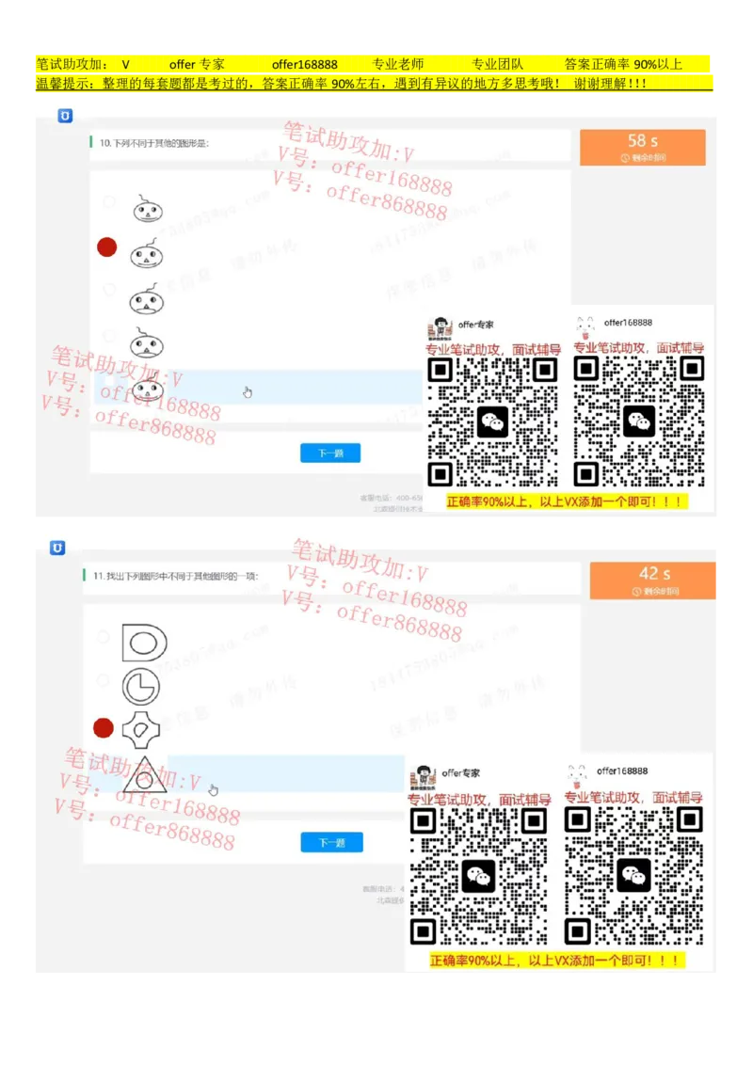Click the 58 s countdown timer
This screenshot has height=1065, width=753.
click(643, 147)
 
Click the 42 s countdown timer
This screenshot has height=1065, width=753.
click(654, 580)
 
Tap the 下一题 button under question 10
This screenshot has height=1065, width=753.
click(329, 453)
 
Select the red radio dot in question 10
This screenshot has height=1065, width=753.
click(107, 247)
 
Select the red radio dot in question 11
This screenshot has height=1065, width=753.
click(104, 727)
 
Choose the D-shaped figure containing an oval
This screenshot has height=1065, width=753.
click(144, 643)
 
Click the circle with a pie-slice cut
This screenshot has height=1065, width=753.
click(141, 686)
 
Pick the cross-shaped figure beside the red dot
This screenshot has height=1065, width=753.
click(142, 727)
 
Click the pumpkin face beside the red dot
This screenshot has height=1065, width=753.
click(147, 252)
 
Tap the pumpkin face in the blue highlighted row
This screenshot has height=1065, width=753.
click(147, 388)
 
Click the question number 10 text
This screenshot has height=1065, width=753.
click(105, 143)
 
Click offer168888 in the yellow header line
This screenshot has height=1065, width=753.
click(304, 65)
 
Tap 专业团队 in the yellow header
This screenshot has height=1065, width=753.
click(497, 65)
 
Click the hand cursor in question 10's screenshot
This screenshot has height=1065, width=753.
click(248, 392)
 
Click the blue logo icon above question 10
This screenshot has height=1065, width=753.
click(65, 116)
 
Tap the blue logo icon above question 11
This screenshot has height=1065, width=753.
click(57, 548)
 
